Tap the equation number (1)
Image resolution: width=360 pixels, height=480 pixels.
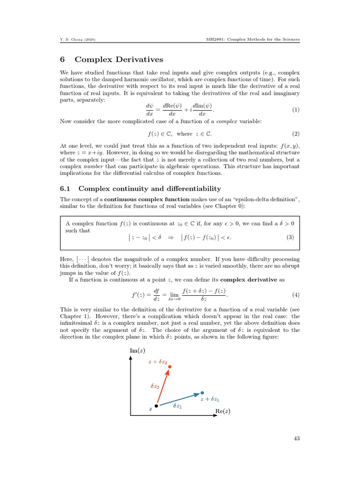(x=295, y=110)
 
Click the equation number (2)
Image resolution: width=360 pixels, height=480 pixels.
(x=295, y=134)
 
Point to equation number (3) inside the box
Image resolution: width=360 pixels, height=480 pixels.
(x=290, y=237)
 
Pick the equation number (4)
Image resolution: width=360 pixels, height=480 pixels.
(x=295, y=295)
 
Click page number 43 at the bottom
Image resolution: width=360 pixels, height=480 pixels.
(x=295, y=438)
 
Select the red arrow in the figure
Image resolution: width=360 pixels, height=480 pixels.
(x=163, y=386)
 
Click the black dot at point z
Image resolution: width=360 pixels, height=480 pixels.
(x=157, y=406)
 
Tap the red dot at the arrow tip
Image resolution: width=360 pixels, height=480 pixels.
(x=170, y=367)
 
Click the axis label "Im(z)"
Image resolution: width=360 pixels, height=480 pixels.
(x=136, y=350)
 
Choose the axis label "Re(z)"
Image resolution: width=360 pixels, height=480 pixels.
(x=223, y=411)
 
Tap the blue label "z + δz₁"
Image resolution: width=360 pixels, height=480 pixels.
(x=210, y=399)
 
